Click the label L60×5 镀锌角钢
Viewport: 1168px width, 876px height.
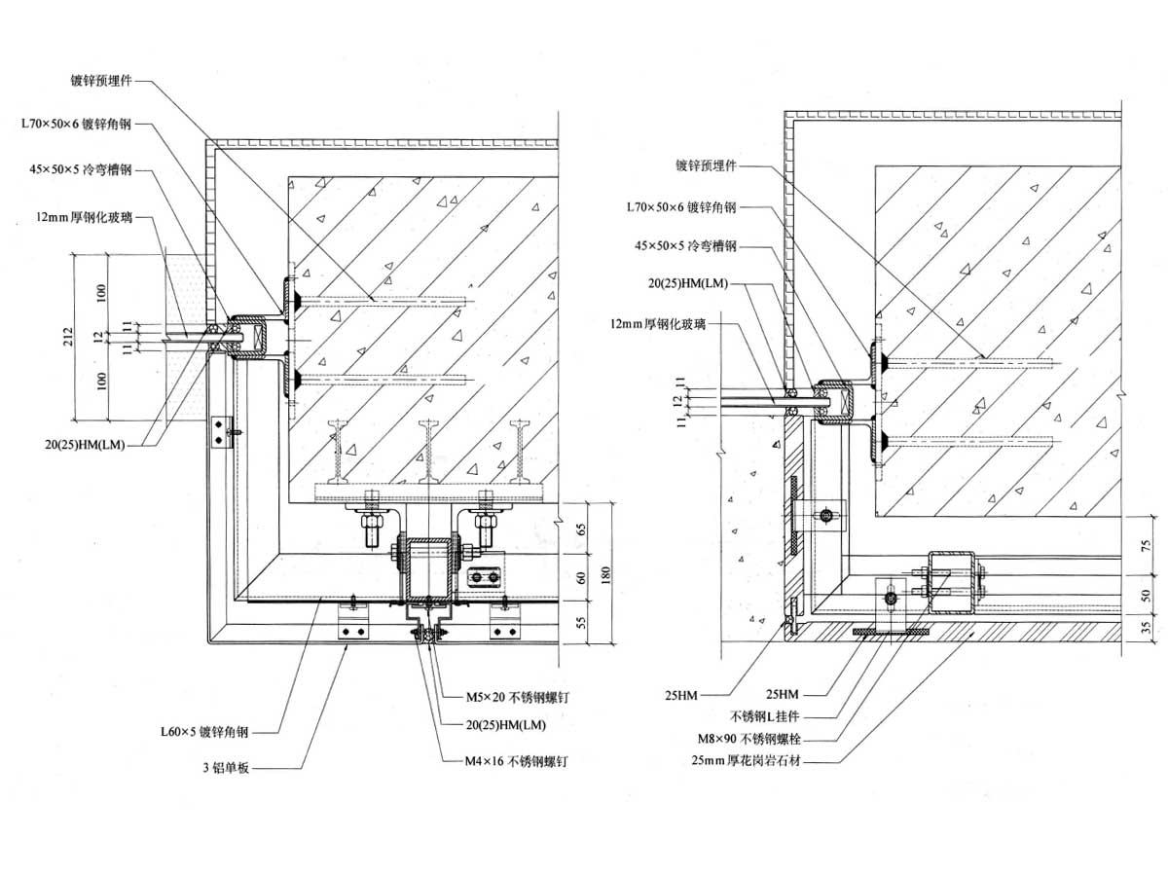204,732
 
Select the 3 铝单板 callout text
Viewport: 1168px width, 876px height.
226,768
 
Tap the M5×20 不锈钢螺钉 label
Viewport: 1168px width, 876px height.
517,697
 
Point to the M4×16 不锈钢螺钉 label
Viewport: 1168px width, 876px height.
516,762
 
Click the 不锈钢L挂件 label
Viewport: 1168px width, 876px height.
764,717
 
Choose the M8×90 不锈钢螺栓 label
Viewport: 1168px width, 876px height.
749,739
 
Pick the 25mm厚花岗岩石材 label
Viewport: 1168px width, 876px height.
746,760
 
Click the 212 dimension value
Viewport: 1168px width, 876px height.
69,337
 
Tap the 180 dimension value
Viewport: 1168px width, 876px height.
605,574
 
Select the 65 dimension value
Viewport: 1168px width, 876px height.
582,529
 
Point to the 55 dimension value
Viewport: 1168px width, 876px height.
582,622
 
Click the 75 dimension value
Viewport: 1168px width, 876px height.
1147,545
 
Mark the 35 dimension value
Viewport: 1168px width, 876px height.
1147,627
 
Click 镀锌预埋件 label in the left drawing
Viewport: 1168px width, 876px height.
100,81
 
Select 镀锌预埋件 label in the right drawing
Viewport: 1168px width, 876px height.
706,165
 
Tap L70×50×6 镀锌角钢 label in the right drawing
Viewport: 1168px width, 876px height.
681,207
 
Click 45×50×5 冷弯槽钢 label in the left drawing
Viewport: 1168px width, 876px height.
81,170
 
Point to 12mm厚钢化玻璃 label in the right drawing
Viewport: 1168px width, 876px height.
658,324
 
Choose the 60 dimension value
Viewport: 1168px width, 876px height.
582,577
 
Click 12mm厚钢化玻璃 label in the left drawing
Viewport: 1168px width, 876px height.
84,217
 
